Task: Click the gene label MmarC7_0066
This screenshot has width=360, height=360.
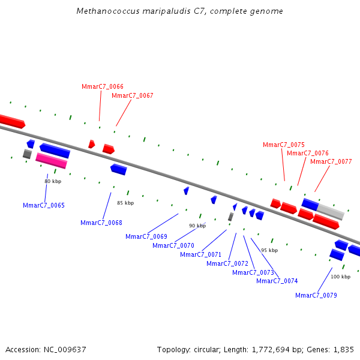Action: (x=103, y=86)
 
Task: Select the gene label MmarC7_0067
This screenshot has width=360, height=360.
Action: (x=133, y=95)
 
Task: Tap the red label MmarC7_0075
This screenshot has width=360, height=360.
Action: (x=284, y=145)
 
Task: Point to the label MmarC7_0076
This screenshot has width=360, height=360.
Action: (x=308, y=153)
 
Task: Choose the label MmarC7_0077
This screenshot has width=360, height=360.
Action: (x=331, y=161)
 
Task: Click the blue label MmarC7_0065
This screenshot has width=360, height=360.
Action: (x=44, y=205)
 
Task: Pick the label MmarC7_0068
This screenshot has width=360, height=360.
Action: (x=101, y=223)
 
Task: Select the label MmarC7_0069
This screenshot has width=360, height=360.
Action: (x=146, y=236)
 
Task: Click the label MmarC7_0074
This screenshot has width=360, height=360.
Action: (x=277, y=281)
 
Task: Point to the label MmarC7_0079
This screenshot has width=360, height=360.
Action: (x=316, y=295)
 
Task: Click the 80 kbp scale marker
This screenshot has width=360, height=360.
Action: (x=53, y=181)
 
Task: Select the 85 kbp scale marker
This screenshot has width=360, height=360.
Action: (x=125, y=203)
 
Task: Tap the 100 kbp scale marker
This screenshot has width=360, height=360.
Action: (x=340, y=277)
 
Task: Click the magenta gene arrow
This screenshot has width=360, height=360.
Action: (x=51, y=160)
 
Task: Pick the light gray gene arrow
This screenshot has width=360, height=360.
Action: (x=331, y=211)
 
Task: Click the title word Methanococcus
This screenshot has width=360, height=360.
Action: (x=106, y=11)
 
